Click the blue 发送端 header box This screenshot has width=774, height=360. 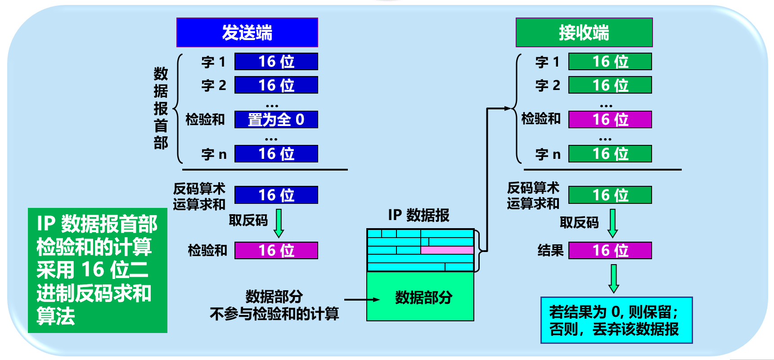coord(247,32)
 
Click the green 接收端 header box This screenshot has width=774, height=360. coord(584,32)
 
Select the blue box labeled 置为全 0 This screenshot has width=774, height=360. coord(276,120)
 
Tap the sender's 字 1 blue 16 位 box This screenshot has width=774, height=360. coord(276,62)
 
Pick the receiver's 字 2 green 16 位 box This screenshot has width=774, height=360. coord(610,85)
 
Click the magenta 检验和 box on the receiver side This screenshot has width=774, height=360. coord(610,120)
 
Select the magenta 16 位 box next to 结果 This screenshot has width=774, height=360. coord(610,251)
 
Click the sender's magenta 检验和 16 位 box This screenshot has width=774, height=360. coord(276,251)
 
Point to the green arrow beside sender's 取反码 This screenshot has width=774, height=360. coord(279,223)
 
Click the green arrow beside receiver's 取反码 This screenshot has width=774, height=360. coord(612,223)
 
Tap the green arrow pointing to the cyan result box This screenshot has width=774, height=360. coord(614,279)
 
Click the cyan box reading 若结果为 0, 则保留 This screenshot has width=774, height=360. coord(616,320)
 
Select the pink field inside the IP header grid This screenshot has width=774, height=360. coord(447,250)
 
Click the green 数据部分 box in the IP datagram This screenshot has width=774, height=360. coord(420,297)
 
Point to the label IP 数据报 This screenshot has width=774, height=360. coord(418,215)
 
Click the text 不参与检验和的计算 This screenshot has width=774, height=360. coord(274,314)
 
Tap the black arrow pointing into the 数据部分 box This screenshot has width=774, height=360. coord(362,300)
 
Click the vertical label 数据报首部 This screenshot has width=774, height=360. coord(161,108)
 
